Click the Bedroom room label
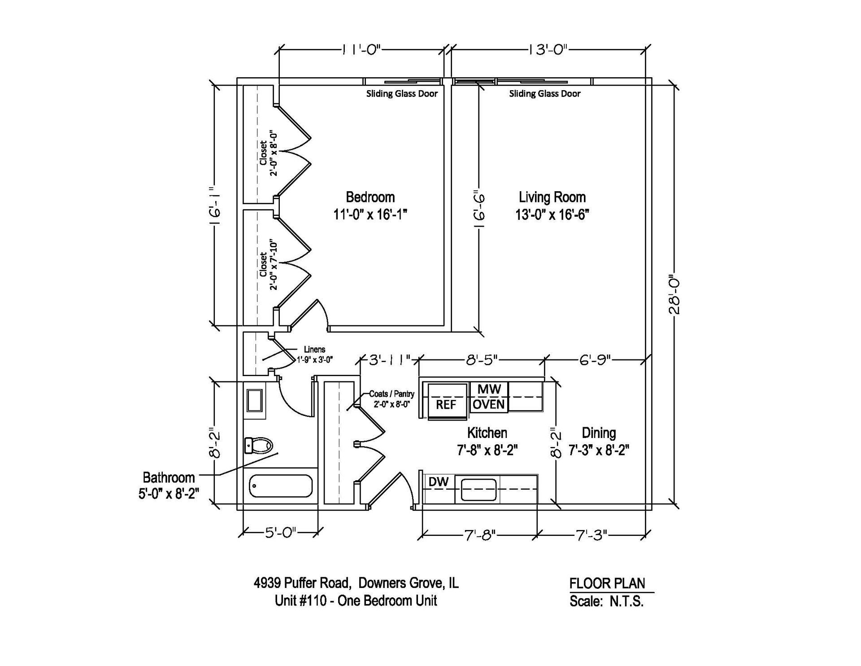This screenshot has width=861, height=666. tap(370, 197)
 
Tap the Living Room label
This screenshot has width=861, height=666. tap(552, 197)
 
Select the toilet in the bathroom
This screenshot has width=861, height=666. tap(259, 446)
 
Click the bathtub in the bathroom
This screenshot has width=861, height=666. tap(281, 486)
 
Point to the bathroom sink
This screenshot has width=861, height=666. tap(255, 400)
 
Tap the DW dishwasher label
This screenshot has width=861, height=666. tap(439, 482)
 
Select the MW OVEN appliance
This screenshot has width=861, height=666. tap(489, 397)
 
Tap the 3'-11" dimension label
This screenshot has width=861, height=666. tap(389, 360)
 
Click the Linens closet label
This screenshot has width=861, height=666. tap(314, 350)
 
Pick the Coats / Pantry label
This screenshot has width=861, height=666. tap(392, 394)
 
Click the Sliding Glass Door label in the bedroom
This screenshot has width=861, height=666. tap(402, 94)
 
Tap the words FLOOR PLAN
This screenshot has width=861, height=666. tap(607, 583)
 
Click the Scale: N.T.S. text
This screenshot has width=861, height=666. tap(606, 601)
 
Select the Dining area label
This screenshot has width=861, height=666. tap(599, 433)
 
